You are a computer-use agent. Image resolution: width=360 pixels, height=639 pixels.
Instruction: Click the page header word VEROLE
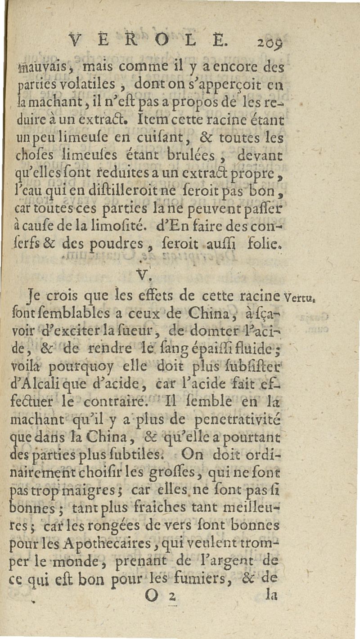coord(150,43)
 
